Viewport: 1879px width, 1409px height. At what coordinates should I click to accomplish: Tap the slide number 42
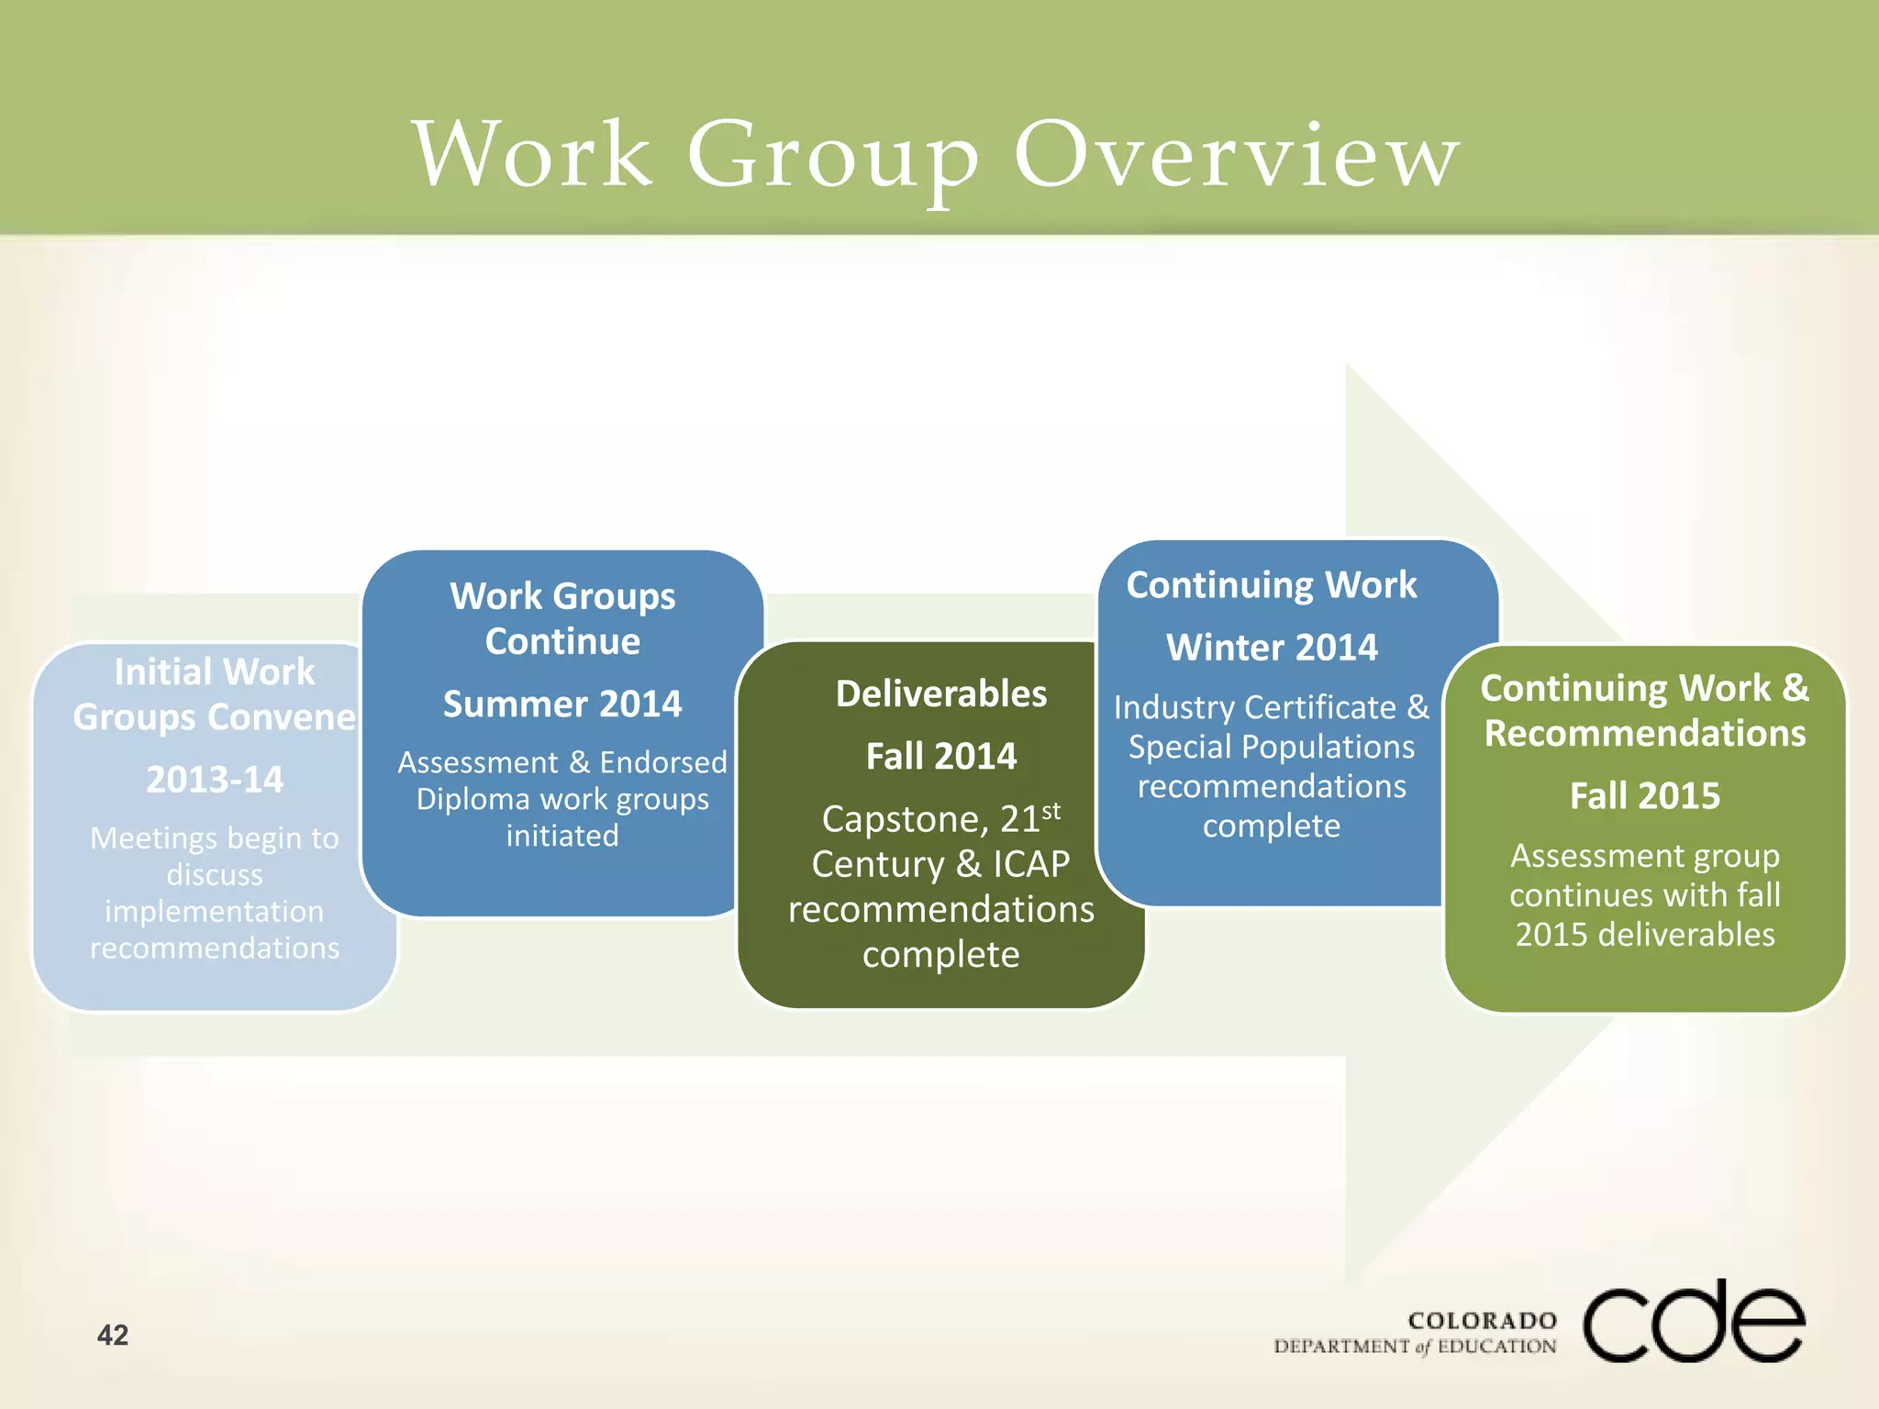(113, 1335)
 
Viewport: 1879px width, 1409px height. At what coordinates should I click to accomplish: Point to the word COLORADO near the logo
(1483, 1321)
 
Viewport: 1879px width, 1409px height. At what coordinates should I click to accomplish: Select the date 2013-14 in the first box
(215, 780)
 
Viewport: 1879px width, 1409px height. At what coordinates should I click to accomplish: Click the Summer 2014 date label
(562, 704)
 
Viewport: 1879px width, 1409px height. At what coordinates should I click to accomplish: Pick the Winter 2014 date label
(1272, 648)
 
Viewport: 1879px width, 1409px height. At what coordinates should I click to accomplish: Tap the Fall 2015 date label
(1645, 795)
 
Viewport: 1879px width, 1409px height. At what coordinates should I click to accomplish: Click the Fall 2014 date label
(941, 757)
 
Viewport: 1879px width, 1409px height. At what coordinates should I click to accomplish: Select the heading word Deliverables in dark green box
(941, 694)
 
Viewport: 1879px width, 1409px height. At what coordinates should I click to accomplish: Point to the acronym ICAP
(1031, 864)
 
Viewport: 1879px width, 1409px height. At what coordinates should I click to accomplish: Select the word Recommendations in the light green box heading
(1645, 734)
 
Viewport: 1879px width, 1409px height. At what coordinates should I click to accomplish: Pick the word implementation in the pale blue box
(214, 912)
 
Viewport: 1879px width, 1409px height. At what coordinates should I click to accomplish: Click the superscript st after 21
(1051, 810)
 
